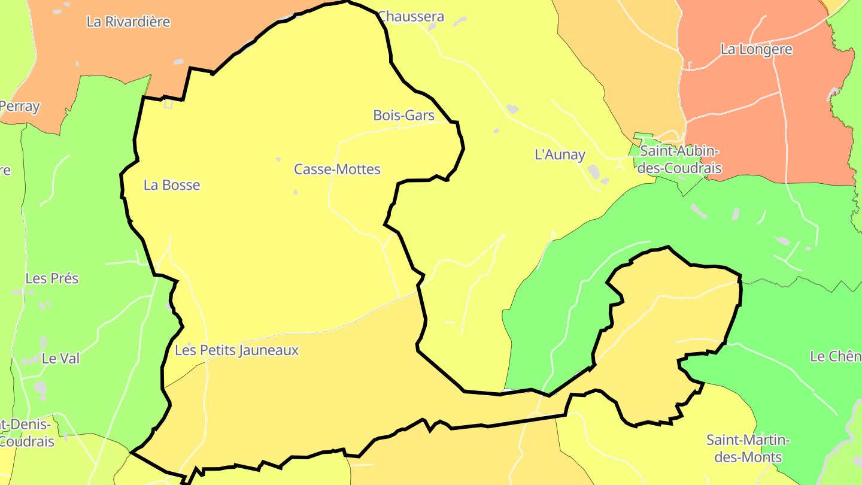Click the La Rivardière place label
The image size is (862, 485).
128,22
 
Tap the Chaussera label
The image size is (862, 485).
411,16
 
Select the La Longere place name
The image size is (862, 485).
756,50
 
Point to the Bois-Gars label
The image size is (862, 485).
403,115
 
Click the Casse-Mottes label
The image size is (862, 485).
337,169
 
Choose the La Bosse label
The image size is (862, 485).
172,185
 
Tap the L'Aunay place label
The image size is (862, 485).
559,154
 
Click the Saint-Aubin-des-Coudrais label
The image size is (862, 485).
679,159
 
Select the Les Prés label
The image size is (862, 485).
52,278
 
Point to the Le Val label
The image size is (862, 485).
60,359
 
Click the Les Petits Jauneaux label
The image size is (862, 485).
236,350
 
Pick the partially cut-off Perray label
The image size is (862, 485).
20,107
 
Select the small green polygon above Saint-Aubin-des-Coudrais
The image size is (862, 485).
643,136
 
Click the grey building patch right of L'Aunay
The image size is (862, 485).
593,171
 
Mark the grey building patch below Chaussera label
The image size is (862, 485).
460,22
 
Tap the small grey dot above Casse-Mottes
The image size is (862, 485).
278,159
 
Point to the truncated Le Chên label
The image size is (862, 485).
835,356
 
